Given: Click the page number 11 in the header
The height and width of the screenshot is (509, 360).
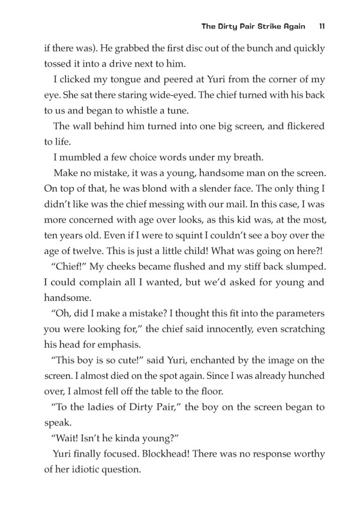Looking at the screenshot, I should click(322, 26).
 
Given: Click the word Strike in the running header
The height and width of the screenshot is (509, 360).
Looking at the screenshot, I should click(264, 26).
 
